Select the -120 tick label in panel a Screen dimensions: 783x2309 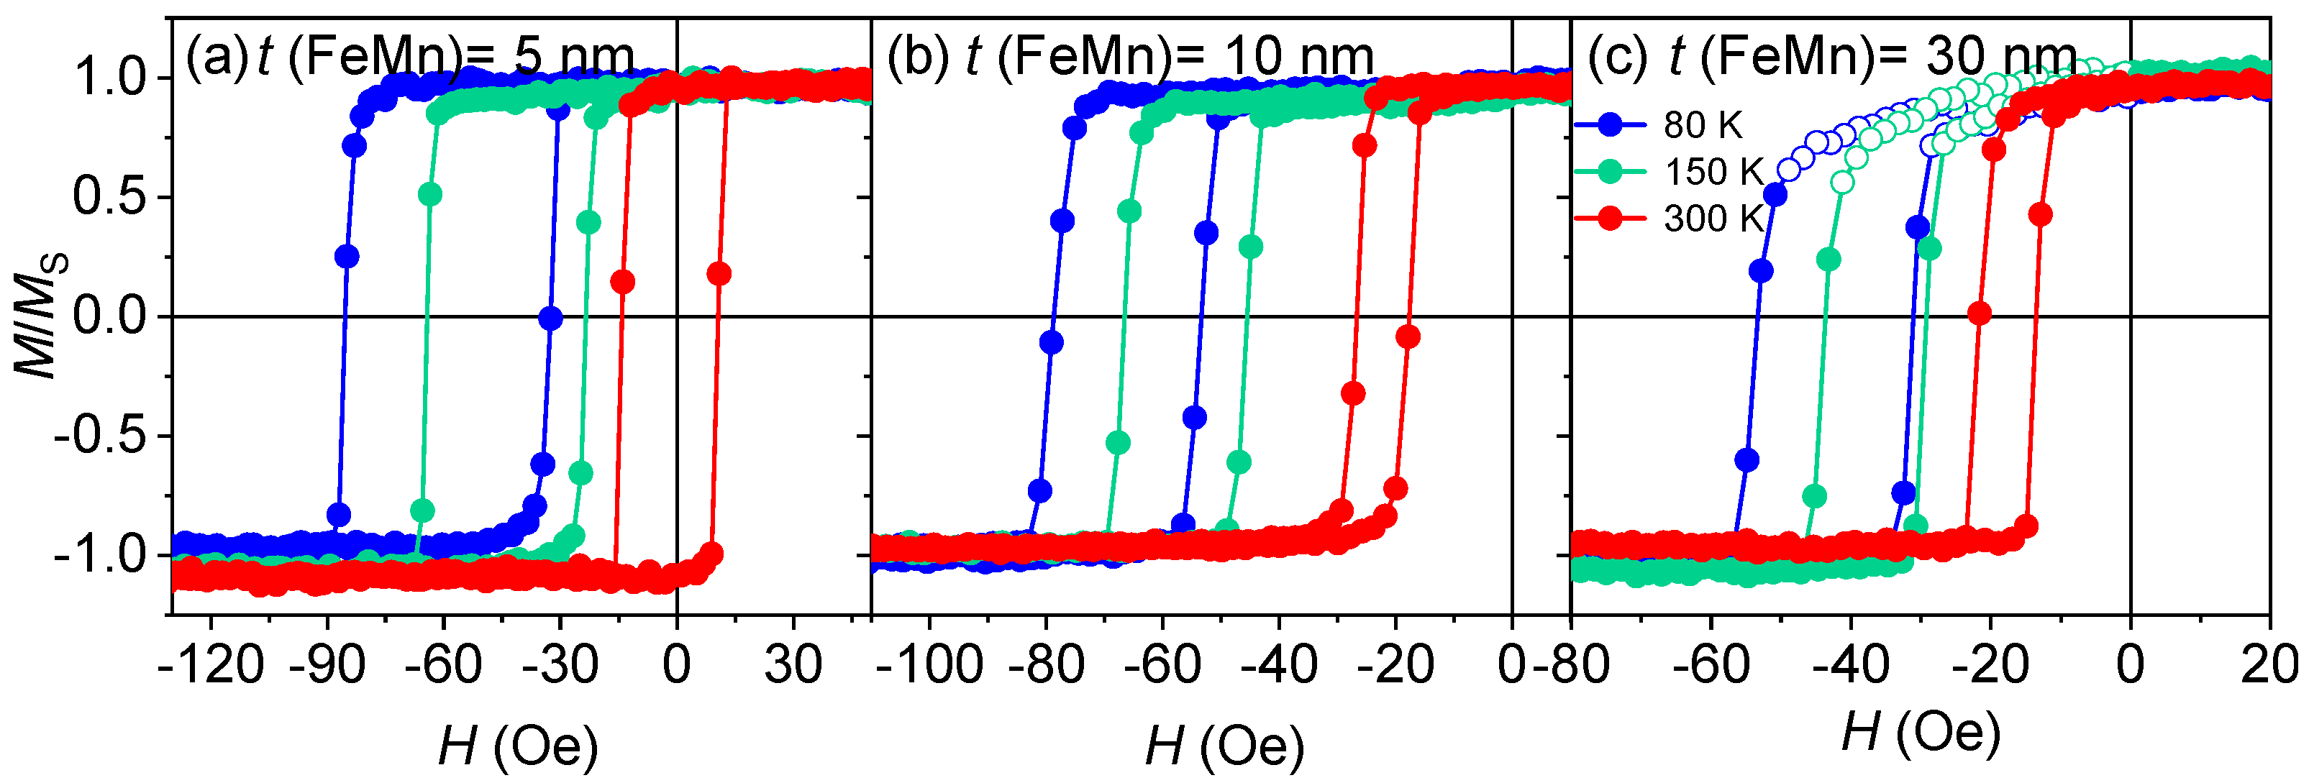(x=211, y=666)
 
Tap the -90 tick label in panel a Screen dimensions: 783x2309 (x=328, y=666)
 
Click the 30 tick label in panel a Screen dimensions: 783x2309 (x=793, y=666)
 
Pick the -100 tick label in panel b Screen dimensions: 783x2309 (x=929, y=666)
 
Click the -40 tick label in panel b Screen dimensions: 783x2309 (x=1278, y=666)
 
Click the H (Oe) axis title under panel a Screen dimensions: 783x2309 (x=518, y=746)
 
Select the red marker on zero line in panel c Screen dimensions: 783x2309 (x=1980, y=313)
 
